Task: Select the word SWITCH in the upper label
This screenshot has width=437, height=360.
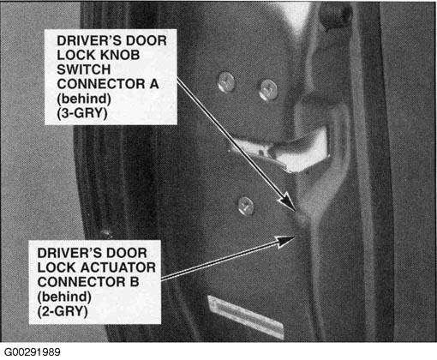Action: [x=84, y=69]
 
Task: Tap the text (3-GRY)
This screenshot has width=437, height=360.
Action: [x=82, y=113]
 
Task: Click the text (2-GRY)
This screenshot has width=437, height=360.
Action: [x=63, y=311]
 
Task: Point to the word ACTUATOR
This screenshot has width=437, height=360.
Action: [x=117, y=267]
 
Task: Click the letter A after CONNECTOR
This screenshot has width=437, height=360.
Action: [x=153, y=84]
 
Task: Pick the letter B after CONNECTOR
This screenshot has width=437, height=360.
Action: [x=135, y=282]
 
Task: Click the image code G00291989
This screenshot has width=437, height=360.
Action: [x=33, y=352]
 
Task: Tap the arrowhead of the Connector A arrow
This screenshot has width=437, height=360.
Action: [x=288, y=201]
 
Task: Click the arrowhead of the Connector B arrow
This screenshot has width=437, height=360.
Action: [x=286, y=241]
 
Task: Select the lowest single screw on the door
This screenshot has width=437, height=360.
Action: [x=246, y=205]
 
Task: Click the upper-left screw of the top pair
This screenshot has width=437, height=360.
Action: [x=226, y=82]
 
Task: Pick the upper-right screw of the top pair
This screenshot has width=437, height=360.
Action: [x=268, y=90]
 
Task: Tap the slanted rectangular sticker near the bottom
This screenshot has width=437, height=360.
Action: [x=246, y=316]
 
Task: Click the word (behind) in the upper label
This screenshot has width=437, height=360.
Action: [x=84, y=99]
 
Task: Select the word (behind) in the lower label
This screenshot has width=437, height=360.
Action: [x=64, y=297]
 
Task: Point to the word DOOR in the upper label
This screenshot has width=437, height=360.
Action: [x=147, y=40]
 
